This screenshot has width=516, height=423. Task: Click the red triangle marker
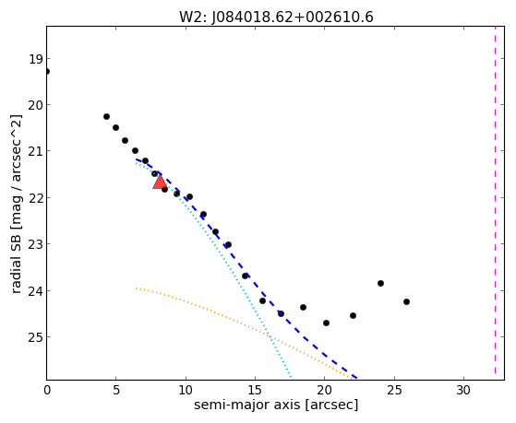tap(160, 182)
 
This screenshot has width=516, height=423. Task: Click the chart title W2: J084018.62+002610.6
tap(276, 18)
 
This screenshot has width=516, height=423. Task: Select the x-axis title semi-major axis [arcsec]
tap(276, 405)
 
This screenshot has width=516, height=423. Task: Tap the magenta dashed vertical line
tap(495, 203)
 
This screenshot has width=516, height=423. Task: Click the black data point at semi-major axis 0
tap(47, 71)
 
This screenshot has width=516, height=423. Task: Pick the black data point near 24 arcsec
tap(380, 283)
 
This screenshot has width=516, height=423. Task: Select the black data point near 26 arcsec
tap(406, 301)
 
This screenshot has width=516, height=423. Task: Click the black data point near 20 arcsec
tap(326, 323)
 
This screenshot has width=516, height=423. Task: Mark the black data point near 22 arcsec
tap(354, 315)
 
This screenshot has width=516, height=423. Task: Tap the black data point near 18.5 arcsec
tap(303, 307)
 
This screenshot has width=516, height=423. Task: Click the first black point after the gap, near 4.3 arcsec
tap(106, 116)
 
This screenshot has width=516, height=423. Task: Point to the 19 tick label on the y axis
tap(36, 60)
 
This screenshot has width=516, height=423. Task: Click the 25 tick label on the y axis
tap(36, 337)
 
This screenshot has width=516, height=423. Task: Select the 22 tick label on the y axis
tap(36, 198)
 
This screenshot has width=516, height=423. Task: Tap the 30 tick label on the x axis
tap(463, 390)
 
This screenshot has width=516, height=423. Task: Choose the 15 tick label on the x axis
tap(255, 390)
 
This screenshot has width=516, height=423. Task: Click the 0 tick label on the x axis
tap(47, 390)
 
